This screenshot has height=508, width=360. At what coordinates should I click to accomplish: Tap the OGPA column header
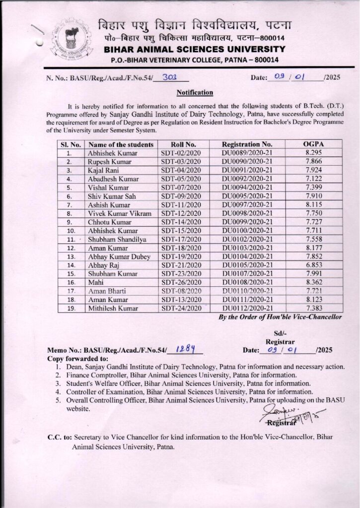click(313, 144)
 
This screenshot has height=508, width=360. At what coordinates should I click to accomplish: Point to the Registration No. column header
click(247, 144)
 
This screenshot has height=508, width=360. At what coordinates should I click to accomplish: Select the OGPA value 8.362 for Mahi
click(313, 281)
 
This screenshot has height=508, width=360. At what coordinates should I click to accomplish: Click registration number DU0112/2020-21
click(247, 308)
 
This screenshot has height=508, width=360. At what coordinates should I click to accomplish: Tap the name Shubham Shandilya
click(113, 239)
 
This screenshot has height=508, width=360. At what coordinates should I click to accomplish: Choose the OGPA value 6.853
click(313, 264)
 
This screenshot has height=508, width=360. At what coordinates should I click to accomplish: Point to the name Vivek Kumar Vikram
click(115, 213)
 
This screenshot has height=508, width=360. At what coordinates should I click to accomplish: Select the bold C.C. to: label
click(60, 438)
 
